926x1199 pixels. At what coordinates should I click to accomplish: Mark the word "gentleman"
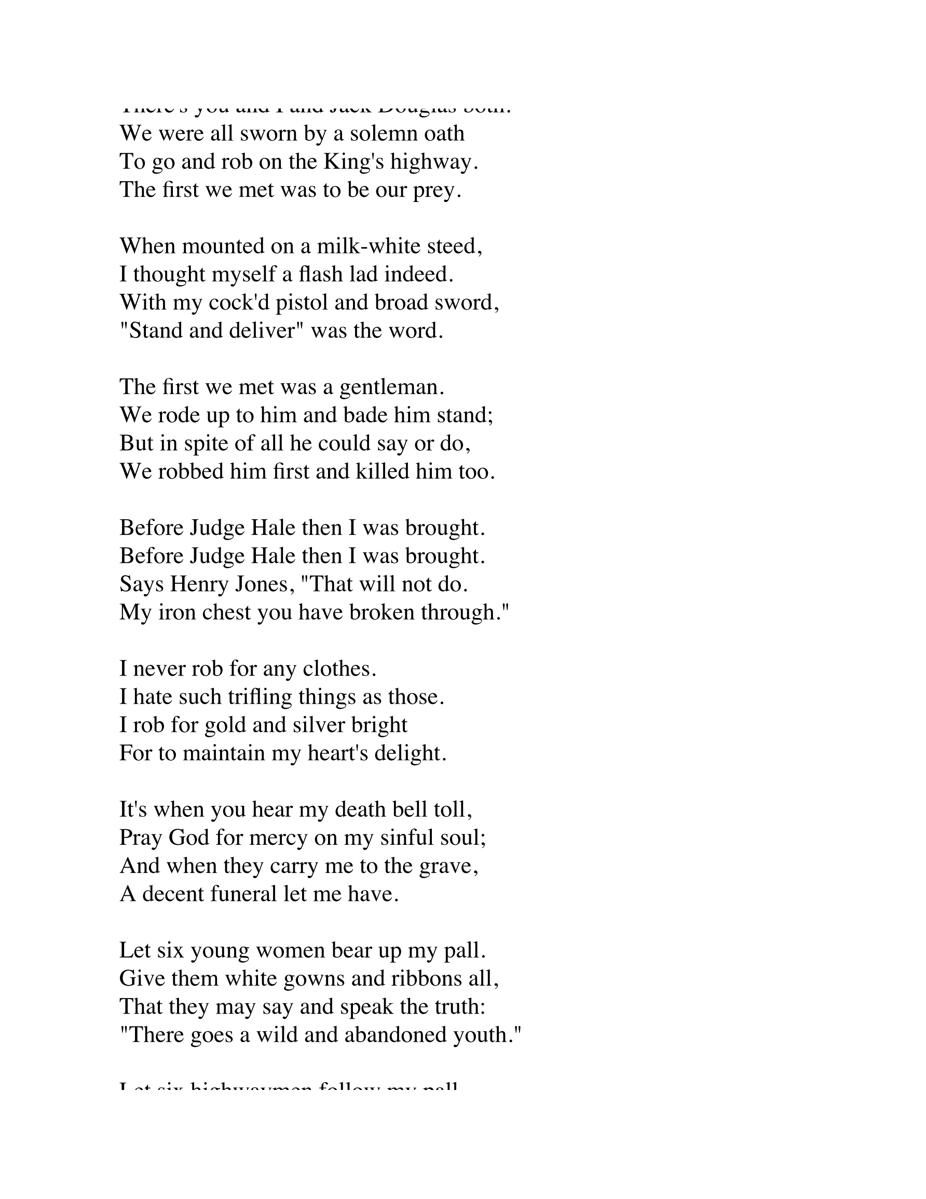click(x=389, y=387)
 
